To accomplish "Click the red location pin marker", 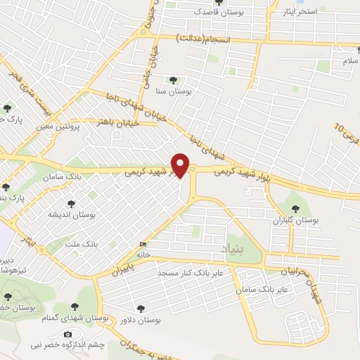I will coord(181,165).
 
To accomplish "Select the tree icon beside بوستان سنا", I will coord(173,79).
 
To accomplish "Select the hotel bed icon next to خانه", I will coord(144,244).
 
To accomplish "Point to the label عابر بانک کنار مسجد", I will coord(190,271).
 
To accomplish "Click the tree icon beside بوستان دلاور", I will coord(141,307).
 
